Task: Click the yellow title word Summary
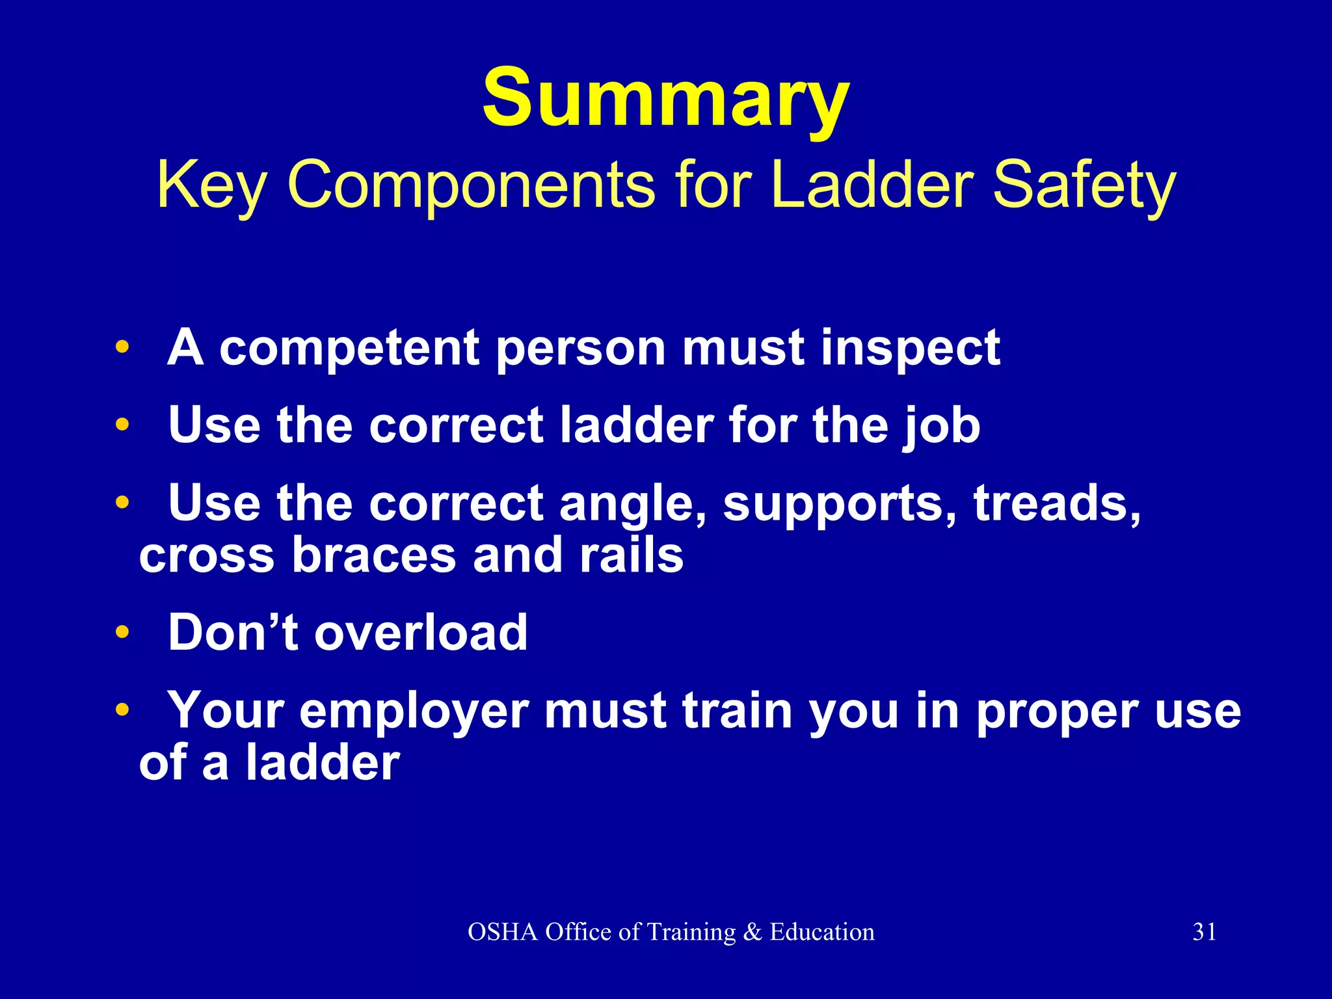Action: [x=665, y=99]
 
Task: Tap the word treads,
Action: [x=1057, y=503]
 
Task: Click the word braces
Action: [x=374, y=555]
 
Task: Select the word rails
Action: [x=631, y=555]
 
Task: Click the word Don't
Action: [x=233, y=632]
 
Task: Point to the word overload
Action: [x=421, y=632]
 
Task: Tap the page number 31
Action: [x=1205, y=932]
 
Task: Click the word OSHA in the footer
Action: [x=503, y=932]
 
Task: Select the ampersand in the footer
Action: [x=752, y=932]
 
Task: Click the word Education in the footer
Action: [x=822, y=932]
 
